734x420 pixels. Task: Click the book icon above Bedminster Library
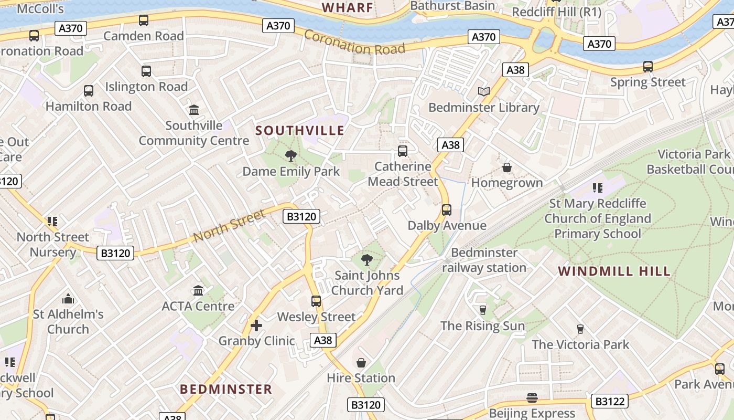pyautogui.click(x=484, y=92)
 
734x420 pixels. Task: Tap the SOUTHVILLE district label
pyautogui.click(x=300, y=130)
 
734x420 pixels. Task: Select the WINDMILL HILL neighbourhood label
pyautogui.click(x=614, y=271)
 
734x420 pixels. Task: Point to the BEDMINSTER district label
pyautogui.click(x=226, y=389)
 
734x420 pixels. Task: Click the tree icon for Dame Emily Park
pyautogui.click(x=291, y=155)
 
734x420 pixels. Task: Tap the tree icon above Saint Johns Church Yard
pyautogui.click(x=367, y=259)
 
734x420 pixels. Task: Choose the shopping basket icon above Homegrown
pyautogui.click(x=507, y=167)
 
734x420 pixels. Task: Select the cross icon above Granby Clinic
pyautogui.click(x=256, y=325)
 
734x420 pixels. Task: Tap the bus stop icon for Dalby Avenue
pyautogui.click(x=447, y=210)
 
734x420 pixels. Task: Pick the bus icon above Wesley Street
pyautogui.click(x=316, y=301)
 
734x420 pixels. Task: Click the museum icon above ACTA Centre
pyautogui.click(x=198, y=290)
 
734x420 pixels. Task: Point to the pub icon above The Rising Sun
pyautogui.click(x=483, y=310)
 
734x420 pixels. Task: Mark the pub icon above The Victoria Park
pyautogui.click(x=580, y=329)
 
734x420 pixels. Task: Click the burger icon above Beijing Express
pyautogui.click(x=532, y=398)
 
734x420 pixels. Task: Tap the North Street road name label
pyautogui.click(x=229, y=226)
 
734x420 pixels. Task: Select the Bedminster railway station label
pyautogui.click(x=484, y=260)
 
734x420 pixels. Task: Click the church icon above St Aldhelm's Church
pyautogui.click(x=68, y=299)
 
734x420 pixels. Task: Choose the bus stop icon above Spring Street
pyautogui.click(x=648, y=67)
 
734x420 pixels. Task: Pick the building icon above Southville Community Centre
pyautogui.click(x=194, y=110)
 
